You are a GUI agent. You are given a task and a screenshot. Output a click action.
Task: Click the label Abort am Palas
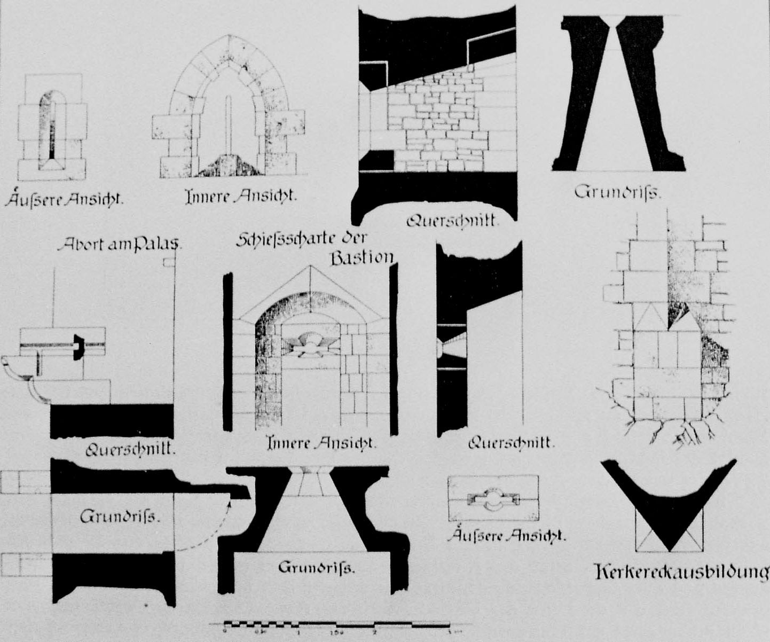point(120,245)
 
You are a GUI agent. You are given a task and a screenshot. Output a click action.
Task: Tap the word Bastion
point(362,259)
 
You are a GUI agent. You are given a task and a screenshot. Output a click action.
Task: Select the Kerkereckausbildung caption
point(681,572)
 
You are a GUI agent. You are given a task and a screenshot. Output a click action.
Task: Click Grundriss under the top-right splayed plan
point(618,191)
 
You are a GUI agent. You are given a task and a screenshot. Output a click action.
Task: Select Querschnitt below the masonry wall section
point(452,220)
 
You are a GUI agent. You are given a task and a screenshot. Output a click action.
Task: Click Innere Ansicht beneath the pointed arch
point(240,197)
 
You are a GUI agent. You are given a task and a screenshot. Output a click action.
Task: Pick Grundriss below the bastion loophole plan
point(316,567)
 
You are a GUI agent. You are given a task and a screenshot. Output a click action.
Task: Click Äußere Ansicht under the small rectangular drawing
point(507,536)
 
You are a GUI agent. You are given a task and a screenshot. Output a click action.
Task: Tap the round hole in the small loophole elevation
point(492,499)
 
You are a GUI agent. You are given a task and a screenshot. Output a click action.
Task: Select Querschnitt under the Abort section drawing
point(131,449)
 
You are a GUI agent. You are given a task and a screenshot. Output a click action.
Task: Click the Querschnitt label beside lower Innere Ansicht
point(512,443)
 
